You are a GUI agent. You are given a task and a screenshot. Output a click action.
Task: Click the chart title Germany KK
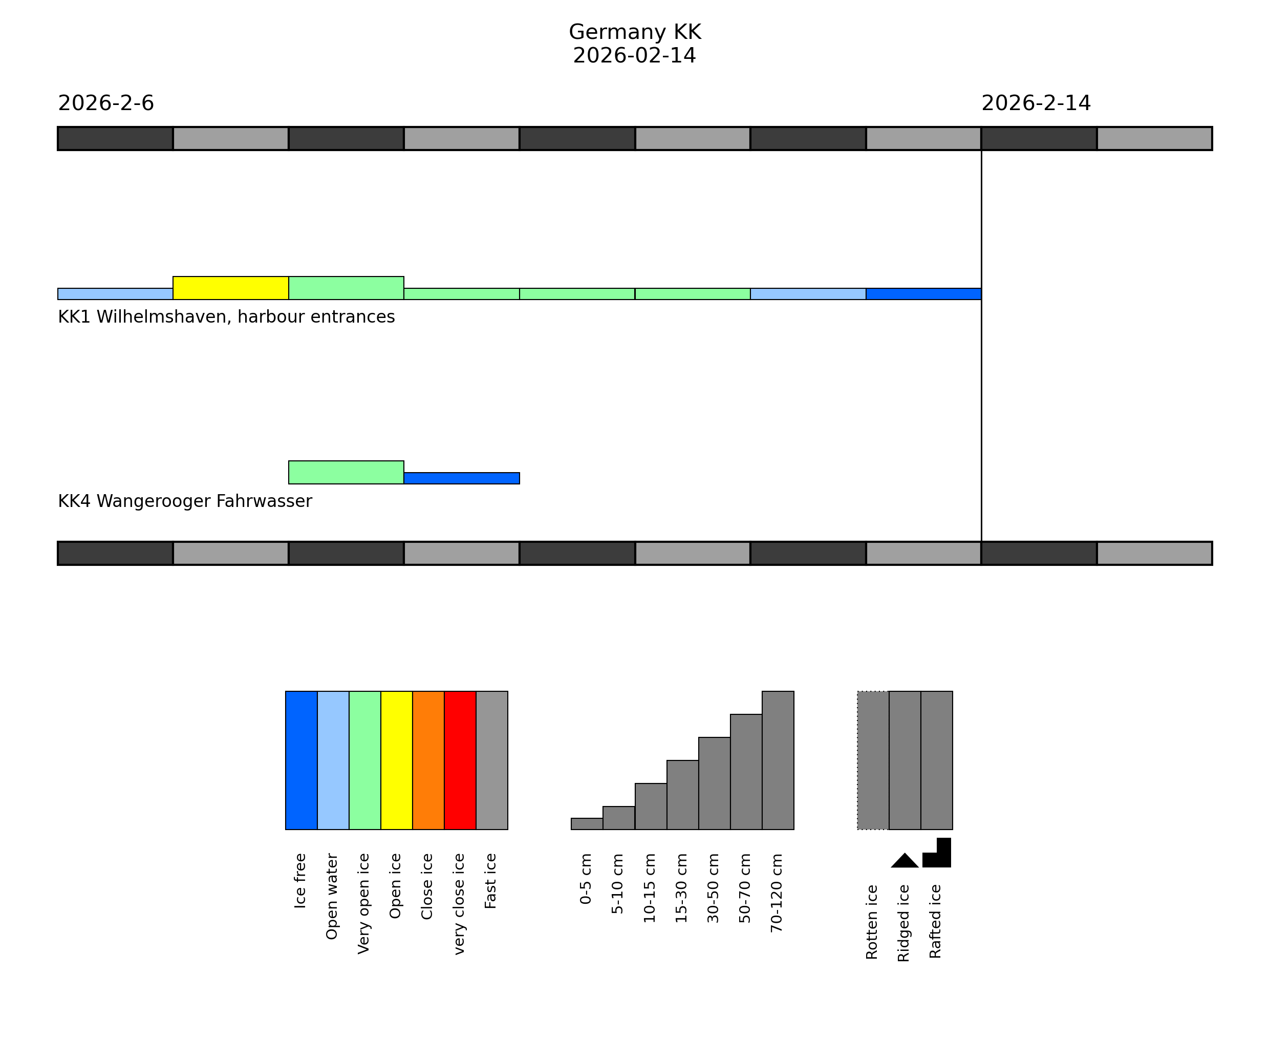[x=634, y=32]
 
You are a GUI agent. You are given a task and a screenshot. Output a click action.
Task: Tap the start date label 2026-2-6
[x=106, y=103]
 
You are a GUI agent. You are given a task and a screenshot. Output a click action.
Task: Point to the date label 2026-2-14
[x=1036, y=103]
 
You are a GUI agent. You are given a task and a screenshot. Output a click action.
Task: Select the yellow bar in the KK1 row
[x=230, y=288]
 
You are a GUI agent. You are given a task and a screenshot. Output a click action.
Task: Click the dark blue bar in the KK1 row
[x=923, y=294]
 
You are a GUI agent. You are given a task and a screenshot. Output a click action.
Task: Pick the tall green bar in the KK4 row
[x=346, y=473]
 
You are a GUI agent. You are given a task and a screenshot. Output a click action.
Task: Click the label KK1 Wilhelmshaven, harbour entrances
[x=226, y=317]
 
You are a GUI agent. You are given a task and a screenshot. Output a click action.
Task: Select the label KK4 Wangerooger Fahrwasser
[x=185, y=501]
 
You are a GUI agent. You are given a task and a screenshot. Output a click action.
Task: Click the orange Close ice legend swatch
[x=428, y=760]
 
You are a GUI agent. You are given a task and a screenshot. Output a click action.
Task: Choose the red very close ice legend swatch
[x=460, y=760]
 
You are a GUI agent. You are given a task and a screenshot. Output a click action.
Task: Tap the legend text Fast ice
[x=490, y=881]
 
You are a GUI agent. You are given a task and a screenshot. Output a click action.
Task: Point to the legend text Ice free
[x=300, y=881]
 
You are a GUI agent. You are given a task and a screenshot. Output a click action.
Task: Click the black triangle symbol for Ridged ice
[x=905, y=861]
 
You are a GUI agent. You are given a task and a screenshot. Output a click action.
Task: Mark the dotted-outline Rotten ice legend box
[x=873, y=760]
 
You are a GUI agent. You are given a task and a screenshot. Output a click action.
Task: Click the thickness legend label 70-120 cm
[x=777, y=893]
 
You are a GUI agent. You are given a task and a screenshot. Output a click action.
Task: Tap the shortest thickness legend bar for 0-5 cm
[x=587, y=824]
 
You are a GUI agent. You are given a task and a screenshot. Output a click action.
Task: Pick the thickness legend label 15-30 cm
[x=681, y=888]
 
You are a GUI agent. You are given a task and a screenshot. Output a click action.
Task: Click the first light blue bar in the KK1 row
[x=115, y=294]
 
